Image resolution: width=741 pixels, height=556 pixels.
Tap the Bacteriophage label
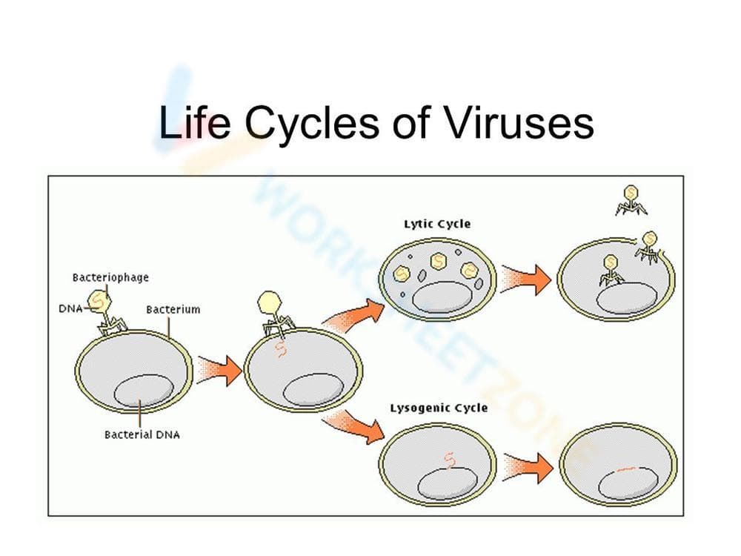110,277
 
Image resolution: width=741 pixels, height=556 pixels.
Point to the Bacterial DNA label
142,434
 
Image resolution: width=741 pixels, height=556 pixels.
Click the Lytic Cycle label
437,223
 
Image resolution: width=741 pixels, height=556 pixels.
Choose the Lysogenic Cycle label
439,408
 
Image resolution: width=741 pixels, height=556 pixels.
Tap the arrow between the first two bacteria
222,367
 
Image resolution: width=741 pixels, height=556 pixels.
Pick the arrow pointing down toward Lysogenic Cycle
355,426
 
